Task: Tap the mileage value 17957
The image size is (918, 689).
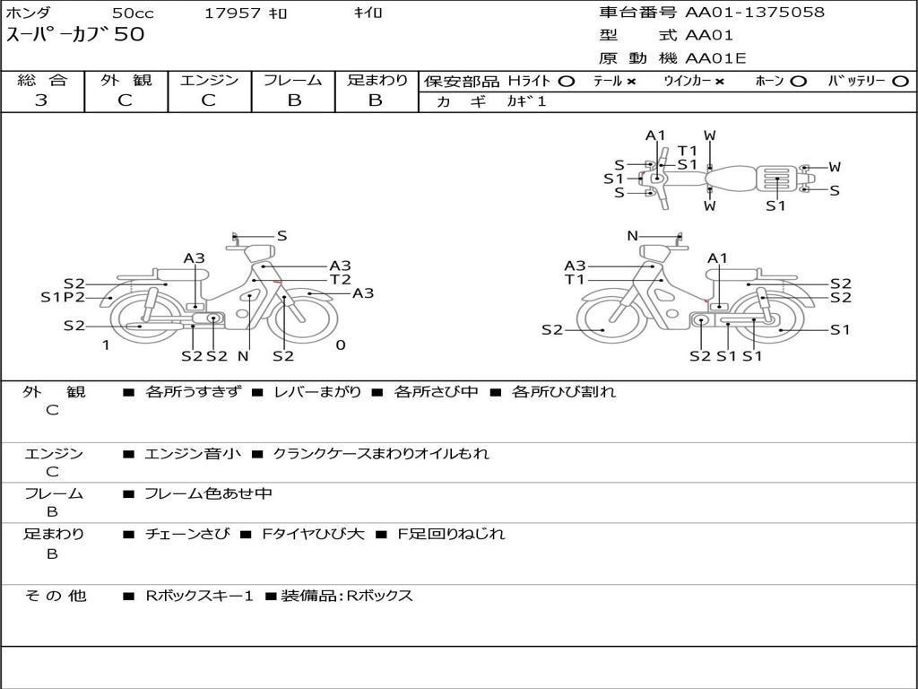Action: pos(233,13)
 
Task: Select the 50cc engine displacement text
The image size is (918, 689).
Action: pos(132,13)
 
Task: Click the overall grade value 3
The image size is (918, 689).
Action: pos(41,100)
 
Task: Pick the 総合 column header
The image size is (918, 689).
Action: pos(42,81)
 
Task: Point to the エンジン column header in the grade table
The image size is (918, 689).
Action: pos(209,81)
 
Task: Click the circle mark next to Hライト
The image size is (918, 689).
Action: pos(566,82)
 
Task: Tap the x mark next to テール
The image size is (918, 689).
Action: pos(631,82)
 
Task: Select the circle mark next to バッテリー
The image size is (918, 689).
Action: pos(900,82)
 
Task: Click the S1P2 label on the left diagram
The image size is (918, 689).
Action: pos(63,297)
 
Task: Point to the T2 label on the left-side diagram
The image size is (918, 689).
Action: pos(340,279)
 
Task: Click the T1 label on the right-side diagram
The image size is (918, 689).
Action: pos(575,279)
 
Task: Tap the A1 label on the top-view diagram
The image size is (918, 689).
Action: pos(655,135)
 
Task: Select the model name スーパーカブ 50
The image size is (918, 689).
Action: pos(74,36)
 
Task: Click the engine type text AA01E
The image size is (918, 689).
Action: pos(715,59)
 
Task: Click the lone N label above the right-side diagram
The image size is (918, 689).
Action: pos(632,236)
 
